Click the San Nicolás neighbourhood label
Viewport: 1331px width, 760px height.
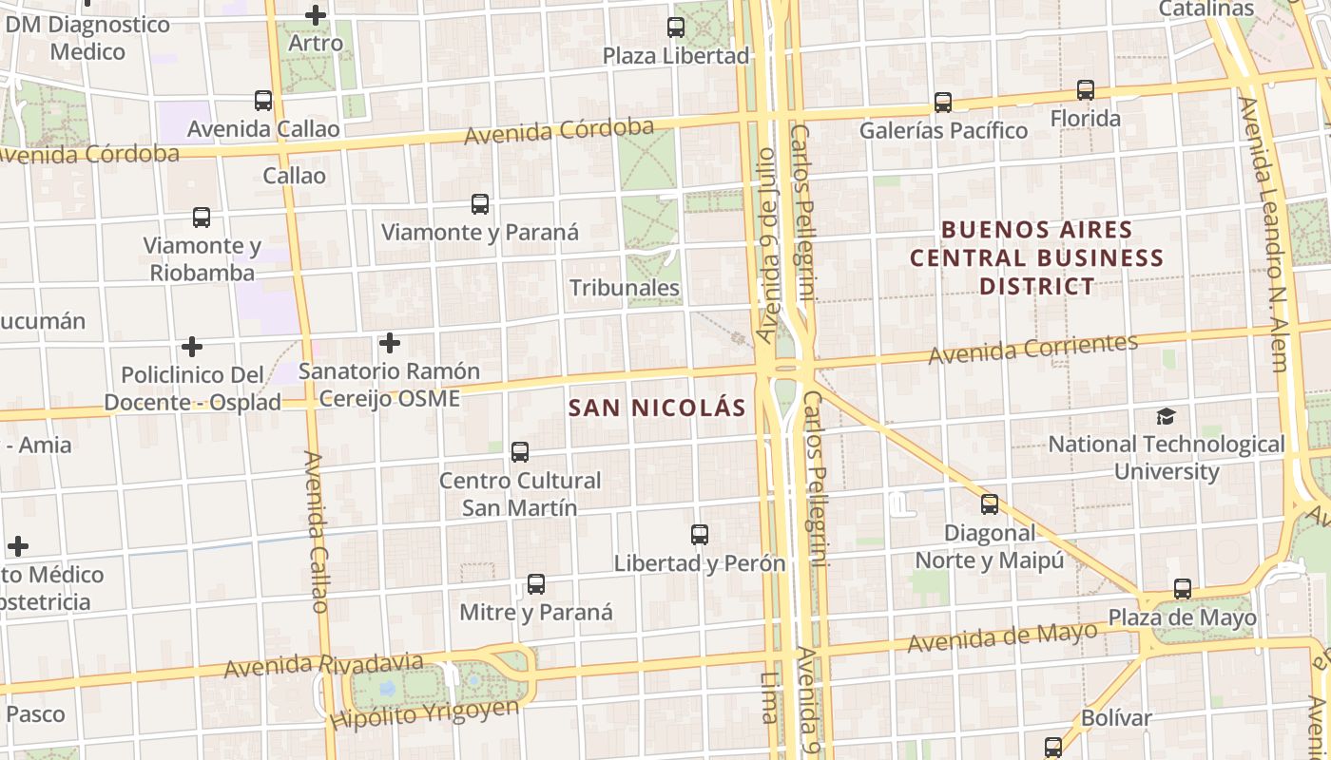[x=657, y=408]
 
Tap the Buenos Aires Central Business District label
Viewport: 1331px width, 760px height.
[x=1036, y=257]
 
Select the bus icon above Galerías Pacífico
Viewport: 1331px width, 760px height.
[x=942, y=103]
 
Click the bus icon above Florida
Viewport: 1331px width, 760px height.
[x=1085, y=90]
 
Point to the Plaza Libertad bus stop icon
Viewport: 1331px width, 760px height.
[x=676, y=28]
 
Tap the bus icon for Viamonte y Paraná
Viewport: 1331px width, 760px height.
[x=480, y=204]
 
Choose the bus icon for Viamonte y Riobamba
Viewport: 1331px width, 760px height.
[x=202, y=218]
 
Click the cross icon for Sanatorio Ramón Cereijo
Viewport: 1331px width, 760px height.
[x=390, y=343]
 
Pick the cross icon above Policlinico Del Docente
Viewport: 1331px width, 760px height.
[x=192, y=347]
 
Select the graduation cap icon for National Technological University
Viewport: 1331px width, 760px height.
[x=1166, y=416]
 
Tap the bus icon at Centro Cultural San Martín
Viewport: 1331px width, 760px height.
[x=520, y=452]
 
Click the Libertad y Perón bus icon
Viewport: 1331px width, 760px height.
[x=700, y=535]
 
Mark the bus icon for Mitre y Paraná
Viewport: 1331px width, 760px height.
[x=536, y=584]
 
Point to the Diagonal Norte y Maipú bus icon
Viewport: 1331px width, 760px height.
[x=990, y=504]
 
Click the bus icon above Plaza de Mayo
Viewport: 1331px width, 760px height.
[x=1182, y=589]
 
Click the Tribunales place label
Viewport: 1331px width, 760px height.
[x=625, y=288]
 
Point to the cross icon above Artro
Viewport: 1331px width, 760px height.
[x=316, y=15]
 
